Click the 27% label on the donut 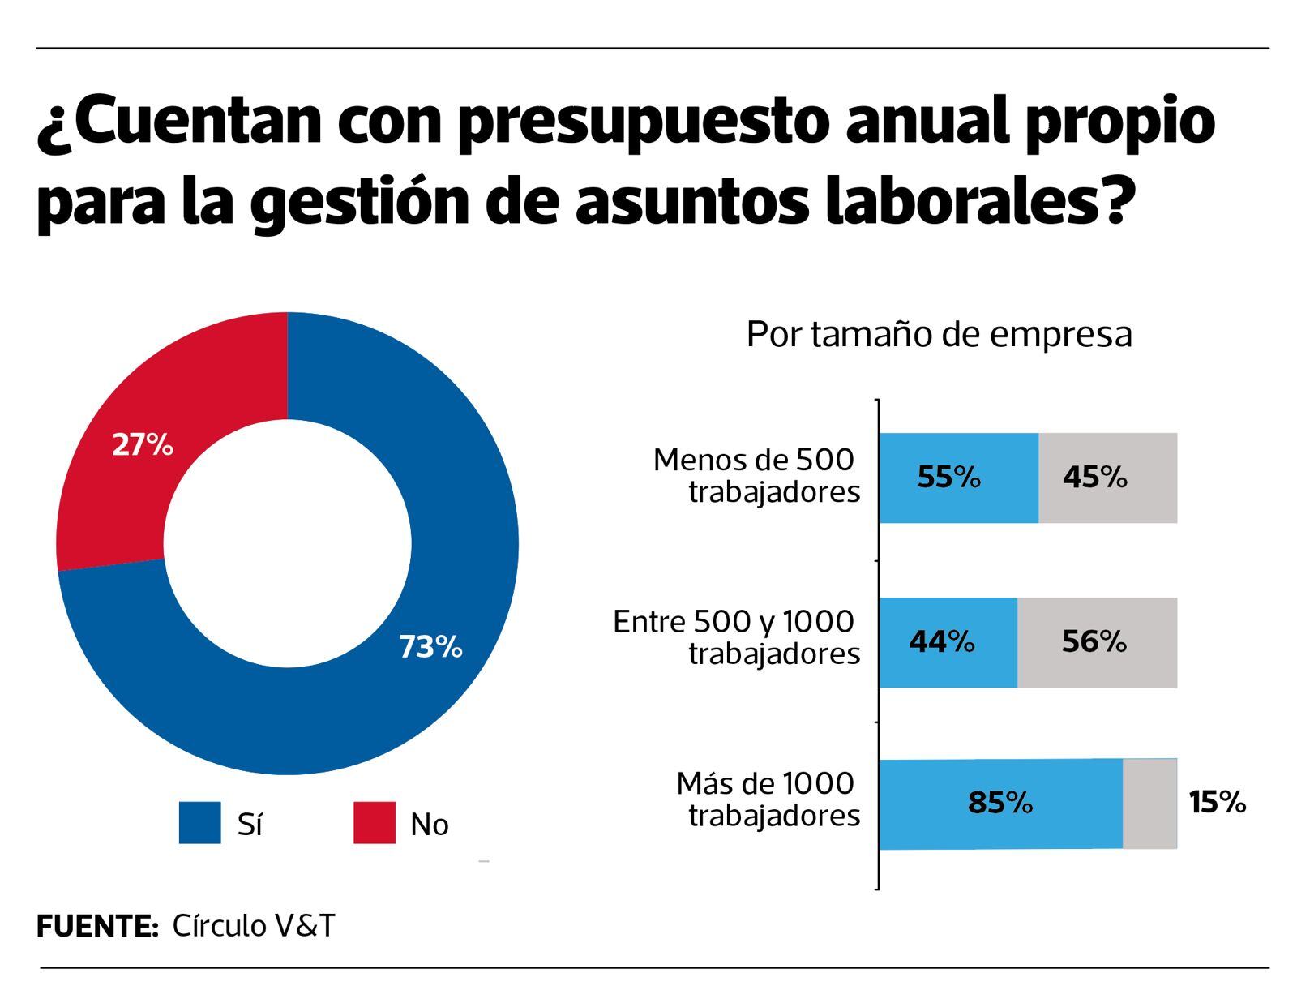tap(143, 445)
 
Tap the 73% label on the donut tap(430, 647)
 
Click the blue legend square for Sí tap(199, 823)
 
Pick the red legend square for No tap(375, 823)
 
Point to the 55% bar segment tap(958, 478)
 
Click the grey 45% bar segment tap(1107, 478)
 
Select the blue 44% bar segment tap(948, 642)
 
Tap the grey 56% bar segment tap(1097, 642)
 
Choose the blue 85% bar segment tap(1000, 804)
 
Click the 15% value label tap(1217, 803)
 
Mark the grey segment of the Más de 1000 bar tap(1149, 804)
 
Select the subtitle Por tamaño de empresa tap(939, 334)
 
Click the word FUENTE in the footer tap(96, 926)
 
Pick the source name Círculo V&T tap(253, 926)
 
